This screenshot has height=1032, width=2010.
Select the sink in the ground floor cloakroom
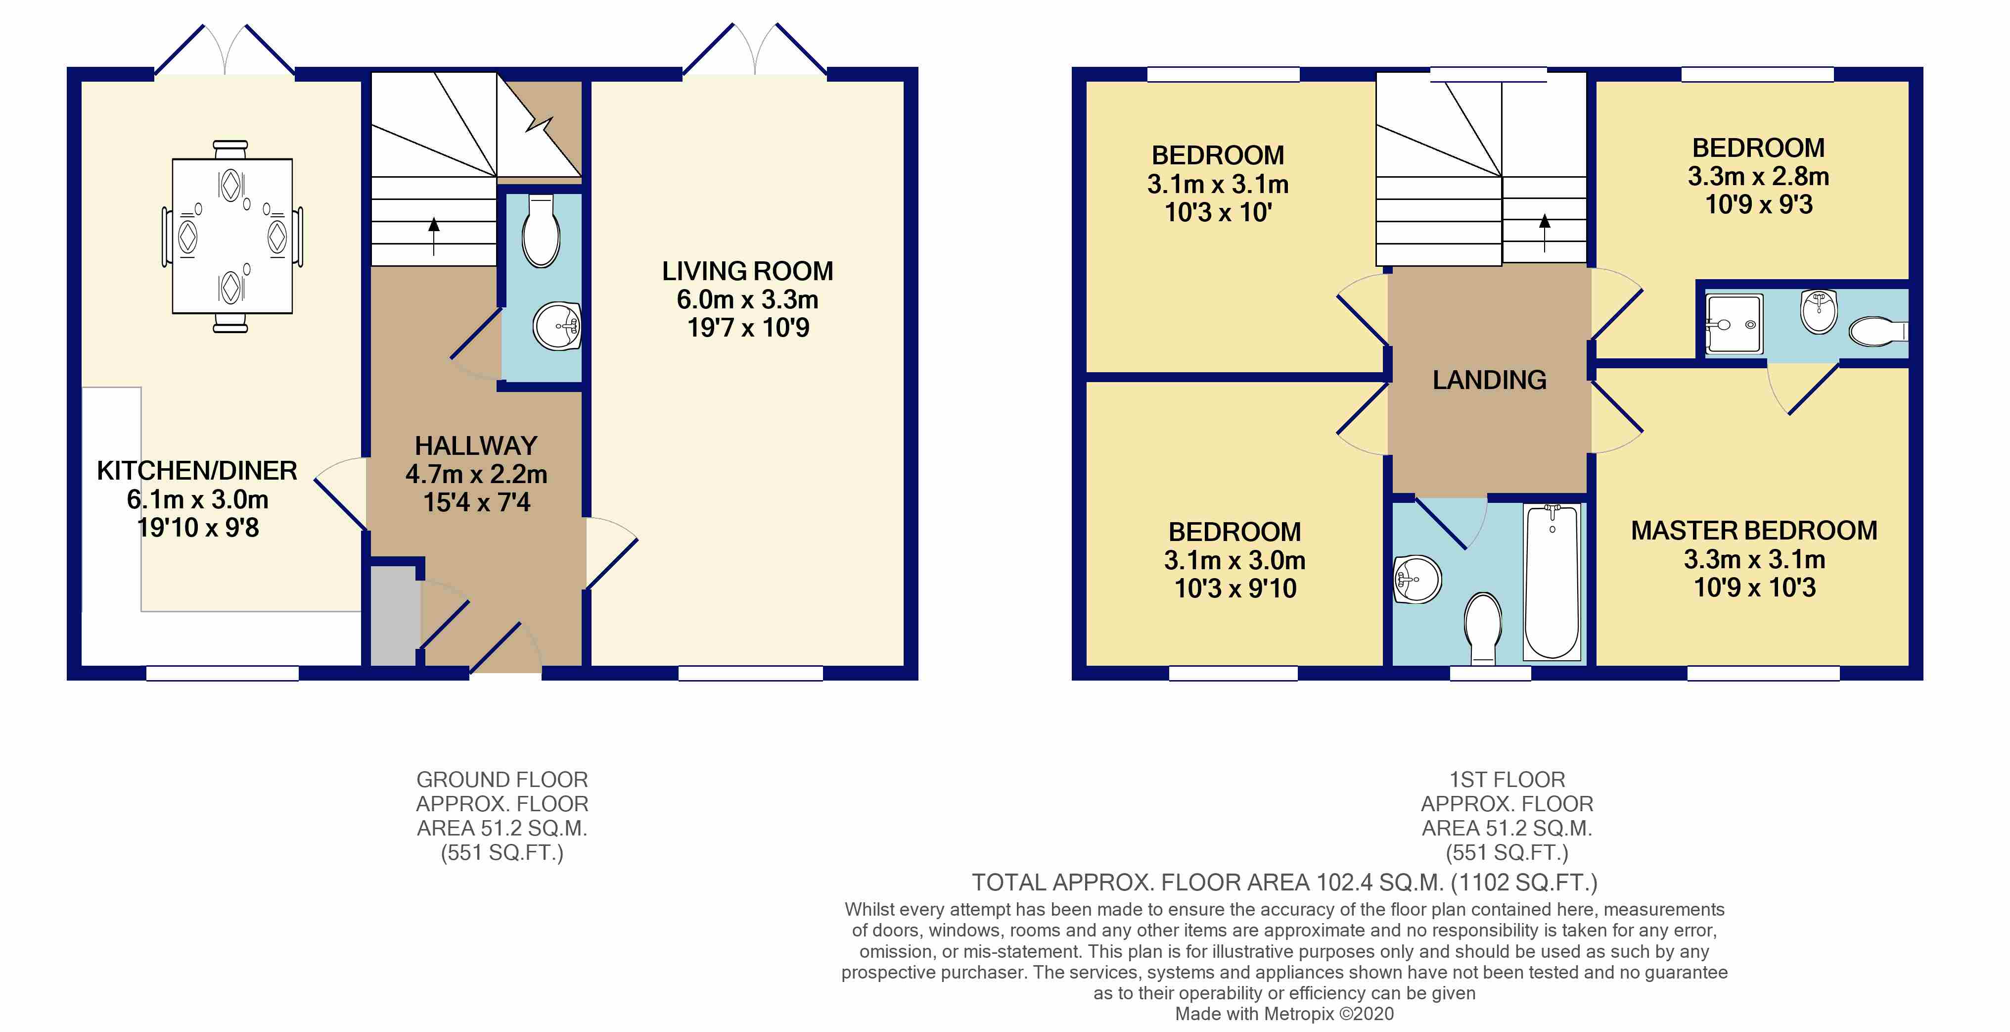coord(557,326)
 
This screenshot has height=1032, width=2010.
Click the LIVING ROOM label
coord(747,271)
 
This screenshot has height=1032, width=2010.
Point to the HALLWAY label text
coord(476,446)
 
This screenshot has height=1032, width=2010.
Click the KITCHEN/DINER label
coord(197,471)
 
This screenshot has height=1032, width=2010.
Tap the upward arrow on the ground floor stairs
coord(434,237)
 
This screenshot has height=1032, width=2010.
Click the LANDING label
coord(1490,380)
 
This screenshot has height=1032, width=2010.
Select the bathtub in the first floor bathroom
coord(1552,582)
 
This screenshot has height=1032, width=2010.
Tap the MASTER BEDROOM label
coord(1754,531)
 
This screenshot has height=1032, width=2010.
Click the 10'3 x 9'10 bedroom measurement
coord(1235,589)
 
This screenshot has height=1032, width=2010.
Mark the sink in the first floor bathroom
coord(1417,579)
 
